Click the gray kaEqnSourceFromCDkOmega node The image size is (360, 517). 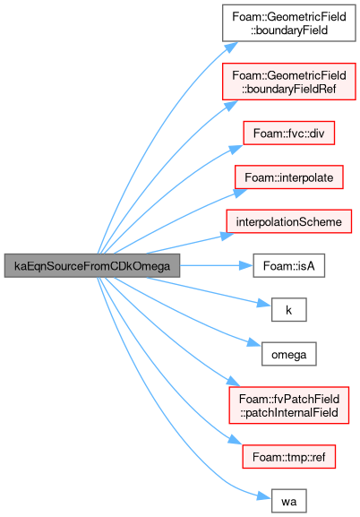[x=92, y=265]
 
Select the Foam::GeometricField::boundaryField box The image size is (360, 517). [x=289, y=23]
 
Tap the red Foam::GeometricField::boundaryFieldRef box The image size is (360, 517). [x=289, y=82]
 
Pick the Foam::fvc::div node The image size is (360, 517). [x=288, y=133]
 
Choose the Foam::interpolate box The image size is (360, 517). [x=288, y=177]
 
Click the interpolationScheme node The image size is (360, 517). [x=288, y=221]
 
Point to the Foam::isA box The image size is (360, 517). [x=288, y=265]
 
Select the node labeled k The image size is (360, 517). [x=288, y=310]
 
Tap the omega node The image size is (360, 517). [x=288, y=354]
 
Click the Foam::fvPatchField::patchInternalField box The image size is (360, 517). [x=288, y=405]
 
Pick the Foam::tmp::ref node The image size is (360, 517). [x=288, y=457]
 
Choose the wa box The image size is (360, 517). [x=288, y=501]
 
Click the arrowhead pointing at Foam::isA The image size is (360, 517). [x=246, y=265]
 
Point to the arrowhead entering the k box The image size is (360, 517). [x=264, y=304]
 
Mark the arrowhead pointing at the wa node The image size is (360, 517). [x=264, y=496]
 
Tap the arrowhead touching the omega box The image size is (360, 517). [x=254, y=342]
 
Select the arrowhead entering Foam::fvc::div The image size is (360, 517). [x=236, y=149]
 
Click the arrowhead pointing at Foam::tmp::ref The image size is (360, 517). [x=236, y=440]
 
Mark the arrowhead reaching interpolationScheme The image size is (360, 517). [x=227, y=236]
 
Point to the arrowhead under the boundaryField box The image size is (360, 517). [x=231, y=47]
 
